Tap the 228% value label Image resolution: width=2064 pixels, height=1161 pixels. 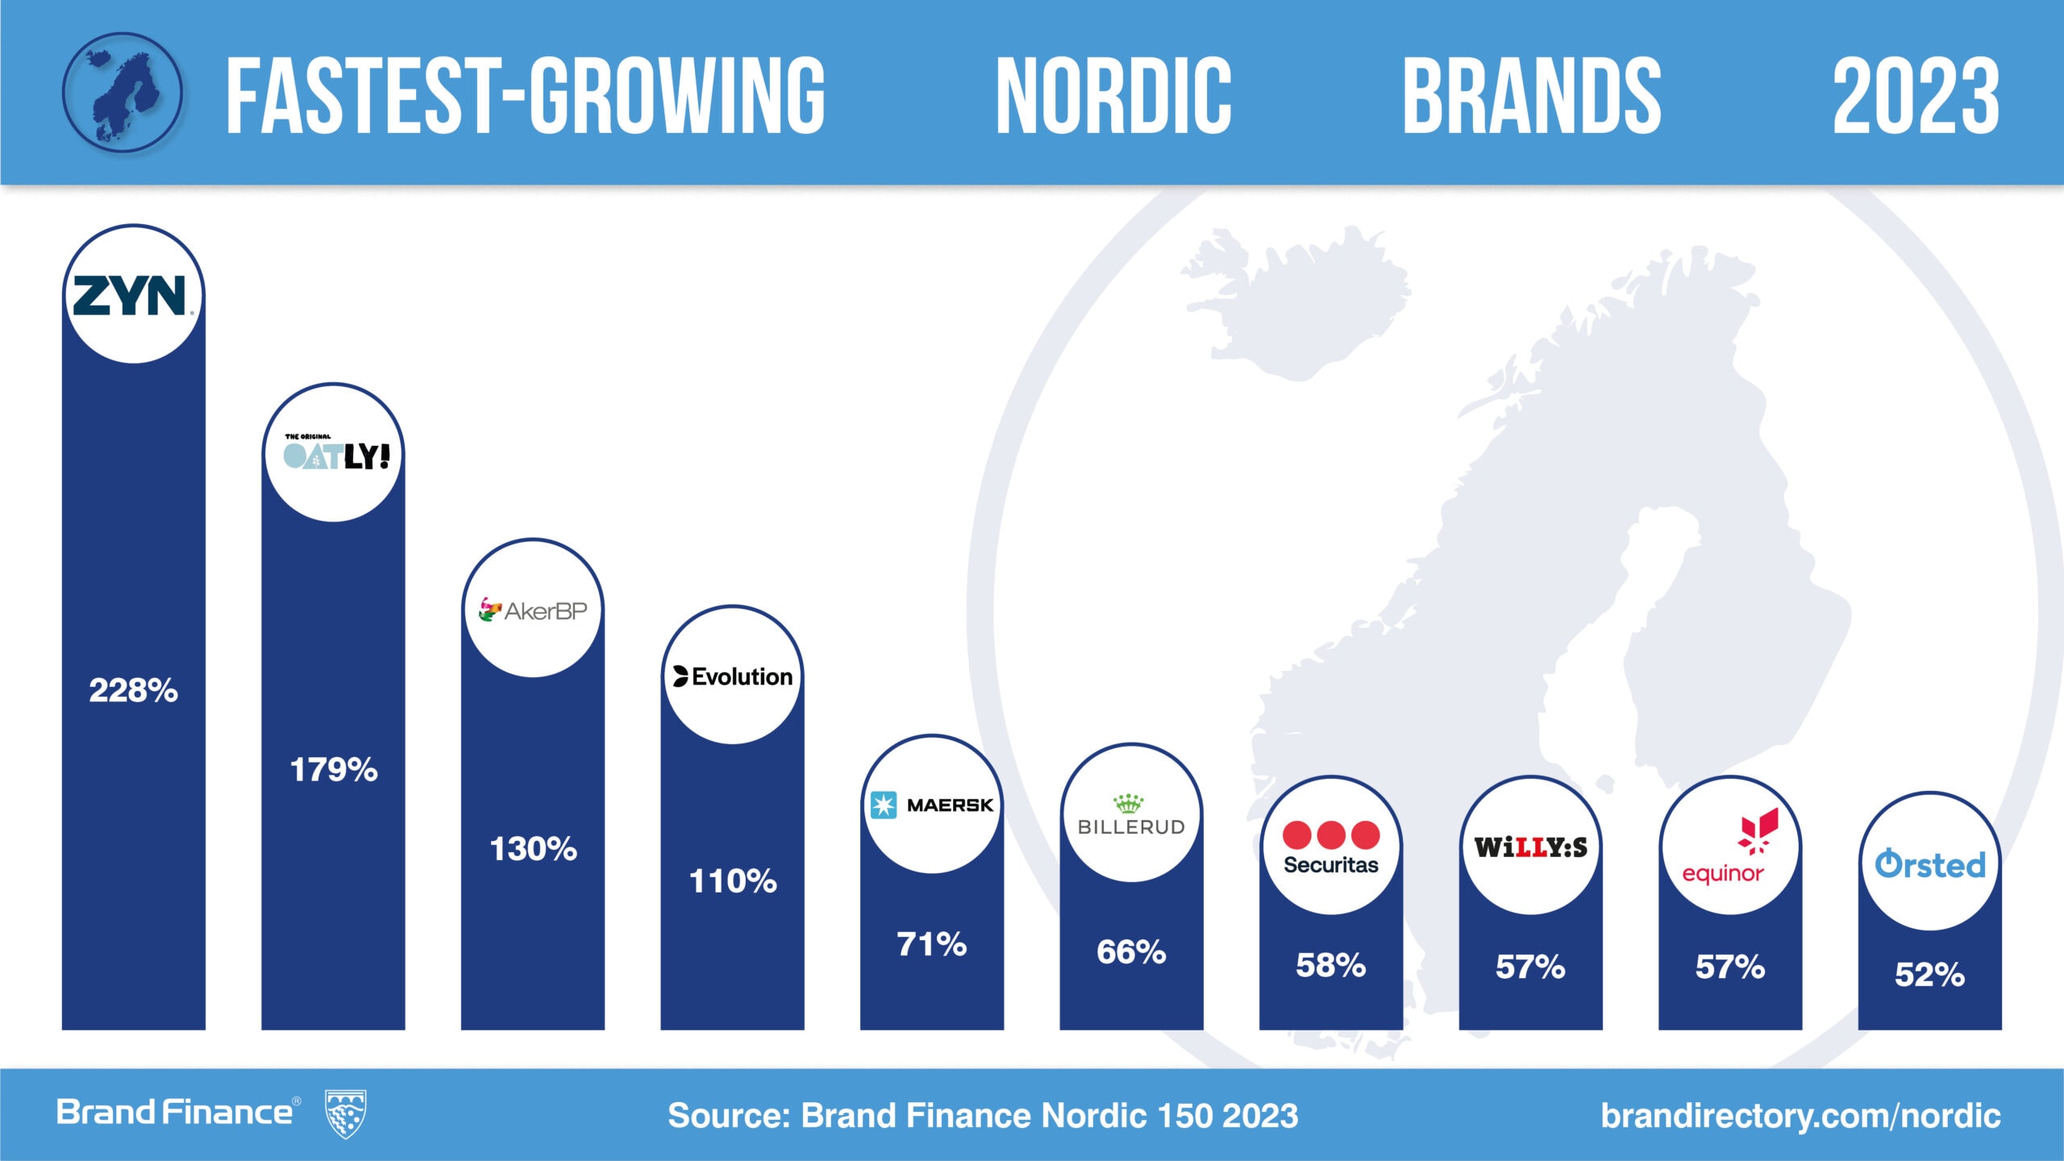pyautogui.click(x=133, y=691)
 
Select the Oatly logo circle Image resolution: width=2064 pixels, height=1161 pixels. pyautogui.click(x=333, y=454)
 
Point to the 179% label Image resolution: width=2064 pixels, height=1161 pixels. pyautogui.click(x=333, y=770)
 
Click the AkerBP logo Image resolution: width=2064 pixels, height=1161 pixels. pyautogui.click(x=533, y=610)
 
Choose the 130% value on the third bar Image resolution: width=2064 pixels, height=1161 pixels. pyautogui.click(x=533, y=849)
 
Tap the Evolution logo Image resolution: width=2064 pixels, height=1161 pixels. pyautogui.click(x=732, y=676)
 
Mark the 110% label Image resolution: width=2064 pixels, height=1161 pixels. pyautogui.click(x=732, y=881)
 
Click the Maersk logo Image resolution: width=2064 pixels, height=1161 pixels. pyautogui.click(x=932, y=805)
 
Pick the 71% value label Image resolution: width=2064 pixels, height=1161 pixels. pyautogui.click(x=932, y=944)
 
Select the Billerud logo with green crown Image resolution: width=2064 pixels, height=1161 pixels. pyautogui.click(x=1131, y=814)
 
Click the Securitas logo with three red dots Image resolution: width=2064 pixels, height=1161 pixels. pyautogui.click(x=1331, y=847)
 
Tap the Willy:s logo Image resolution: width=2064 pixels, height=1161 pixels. pyautogui.click(x=1530, y=847)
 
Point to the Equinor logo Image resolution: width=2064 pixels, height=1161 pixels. pyautogui.click(x=1730, y=847)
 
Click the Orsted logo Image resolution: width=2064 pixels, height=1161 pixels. pyautogui.click(x=1929, y=864)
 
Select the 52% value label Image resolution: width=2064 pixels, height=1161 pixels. pyautogui.click(x=1929, y=975)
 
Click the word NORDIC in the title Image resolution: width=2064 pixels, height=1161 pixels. pyautogui.click(x=1113, y=95)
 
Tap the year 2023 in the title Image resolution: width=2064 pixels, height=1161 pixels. pyautogui.click(x=1916, y=95)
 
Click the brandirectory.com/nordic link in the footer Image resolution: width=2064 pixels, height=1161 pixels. pyautogui.click(x=1800, y=1116)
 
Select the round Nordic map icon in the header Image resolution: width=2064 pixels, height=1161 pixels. pyautogui.click(x=123, y=93)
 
